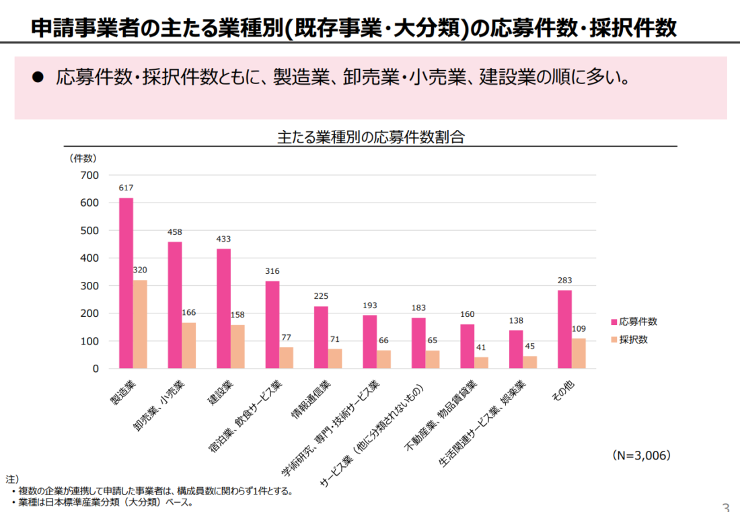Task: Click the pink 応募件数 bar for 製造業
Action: click(x=126, y=283)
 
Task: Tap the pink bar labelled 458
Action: click(x=175, y=305)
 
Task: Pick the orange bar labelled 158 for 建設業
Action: click(x=237, y=346)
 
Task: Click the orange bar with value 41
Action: click(x=481, y=363)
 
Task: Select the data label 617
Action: click(x=126, y=188)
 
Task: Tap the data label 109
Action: click(x=579, y=329)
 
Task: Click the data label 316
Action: click(x=272, y=271)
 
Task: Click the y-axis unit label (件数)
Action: click(x=83, y=159)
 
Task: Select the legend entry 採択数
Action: click(x=633, y=340)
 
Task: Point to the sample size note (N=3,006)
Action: click(x=642, y=455)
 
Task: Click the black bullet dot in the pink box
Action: click(x=38, y=77)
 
